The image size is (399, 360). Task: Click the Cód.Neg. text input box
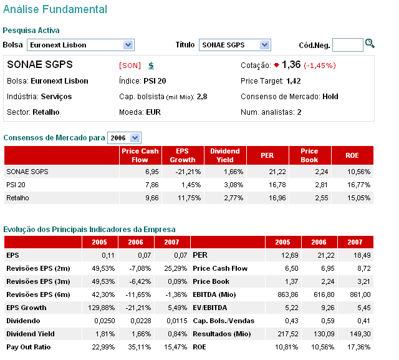[347, 45]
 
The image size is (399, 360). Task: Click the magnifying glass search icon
[370, 44]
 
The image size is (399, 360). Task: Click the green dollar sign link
[151, 66]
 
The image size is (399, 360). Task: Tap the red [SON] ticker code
[130, 66]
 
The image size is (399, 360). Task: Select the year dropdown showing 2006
[125, 138]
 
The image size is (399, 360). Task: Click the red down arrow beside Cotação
[276, 65]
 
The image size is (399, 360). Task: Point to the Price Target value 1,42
[294, 81]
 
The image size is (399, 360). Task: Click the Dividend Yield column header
[224, 155]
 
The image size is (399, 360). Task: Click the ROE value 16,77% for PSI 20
[358, 185]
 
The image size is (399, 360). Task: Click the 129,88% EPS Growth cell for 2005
[95, 308]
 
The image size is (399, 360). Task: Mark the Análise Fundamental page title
[55, 10]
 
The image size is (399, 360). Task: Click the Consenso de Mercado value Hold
[330, 97]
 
